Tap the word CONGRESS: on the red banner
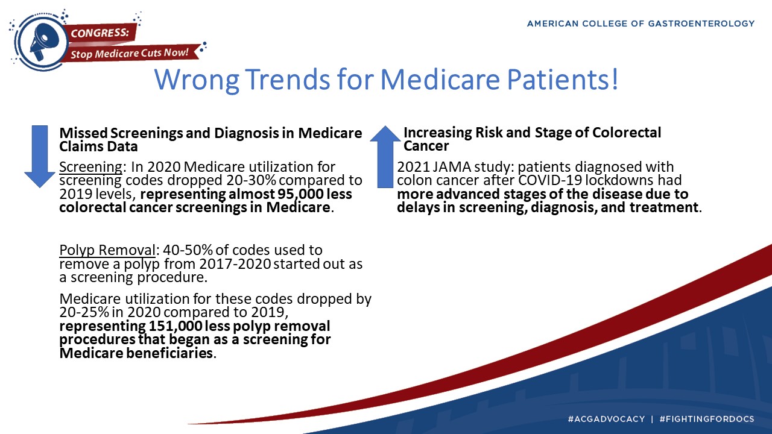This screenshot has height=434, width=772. pos(100,33)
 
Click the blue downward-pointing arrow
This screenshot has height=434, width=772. pos(40,156)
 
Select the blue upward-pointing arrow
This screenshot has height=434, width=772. pos(385,156)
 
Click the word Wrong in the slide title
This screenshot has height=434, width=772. pos(197,80)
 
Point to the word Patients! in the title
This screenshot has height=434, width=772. pos(563,80)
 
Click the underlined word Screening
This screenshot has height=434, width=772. pos(90,167)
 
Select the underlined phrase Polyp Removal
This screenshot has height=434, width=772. pos(107,250)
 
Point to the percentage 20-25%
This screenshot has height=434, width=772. pos(84,312)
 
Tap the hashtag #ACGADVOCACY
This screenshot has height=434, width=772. pos(606,419)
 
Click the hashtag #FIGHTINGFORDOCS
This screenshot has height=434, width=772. pos(706,419)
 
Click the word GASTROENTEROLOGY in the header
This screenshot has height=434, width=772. pos(701,24)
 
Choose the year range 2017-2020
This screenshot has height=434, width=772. pos(235,264)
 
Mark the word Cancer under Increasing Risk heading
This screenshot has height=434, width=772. pos(426,146)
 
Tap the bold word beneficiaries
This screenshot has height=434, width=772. pos(169,353)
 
